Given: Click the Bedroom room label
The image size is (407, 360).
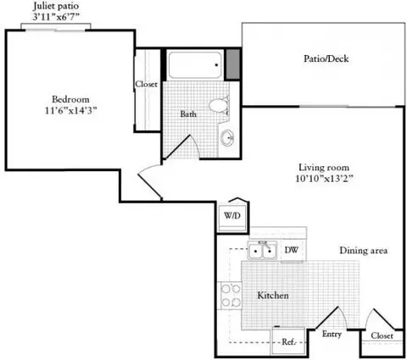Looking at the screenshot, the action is tap(70, 99).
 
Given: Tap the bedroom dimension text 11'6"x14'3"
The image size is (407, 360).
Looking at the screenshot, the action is tap(70, 110).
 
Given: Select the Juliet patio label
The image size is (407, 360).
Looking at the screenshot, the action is tap(56, 6).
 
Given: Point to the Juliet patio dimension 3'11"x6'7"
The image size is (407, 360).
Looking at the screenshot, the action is tap(56, 17).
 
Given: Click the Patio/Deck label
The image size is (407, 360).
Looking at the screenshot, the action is tap(326, 58).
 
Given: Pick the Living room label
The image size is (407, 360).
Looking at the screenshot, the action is tap(324, 168).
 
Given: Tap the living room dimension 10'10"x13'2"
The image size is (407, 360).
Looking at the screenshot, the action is tap(324, 179).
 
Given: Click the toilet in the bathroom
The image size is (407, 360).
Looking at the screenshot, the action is tap(220, 106).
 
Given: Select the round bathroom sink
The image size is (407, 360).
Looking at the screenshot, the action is tap(227, 138).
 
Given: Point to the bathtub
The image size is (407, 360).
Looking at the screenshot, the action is tap(195, 65).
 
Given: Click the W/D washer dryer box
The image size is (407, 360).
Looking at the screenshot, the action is tap(232, 217).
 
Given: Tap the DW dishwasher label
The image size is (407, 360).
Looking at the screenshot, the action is tap(292, 250).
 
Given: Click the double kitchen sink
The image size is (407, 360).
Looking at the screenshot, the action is tap(262, 250).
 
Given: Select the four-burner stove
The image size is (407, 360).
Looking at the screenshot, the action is tap(230, 296).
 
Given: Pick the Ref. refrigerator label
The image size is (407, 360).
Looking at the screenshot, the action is tap(288, 342).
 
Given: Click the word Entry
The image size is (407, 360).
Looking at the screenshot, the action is tap(332, 335).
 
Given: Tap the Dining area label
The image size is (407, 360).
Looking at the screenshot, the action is tap(364, 251).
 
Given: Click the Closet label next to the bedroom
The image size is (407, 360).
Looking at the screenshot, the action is tap(146, 84).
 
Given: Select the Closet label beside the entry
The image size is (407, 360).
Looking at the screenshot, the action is tap(382, 335).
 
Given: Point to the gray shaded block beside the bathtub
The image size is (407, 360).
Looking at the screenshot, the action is tap(232, 64).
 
